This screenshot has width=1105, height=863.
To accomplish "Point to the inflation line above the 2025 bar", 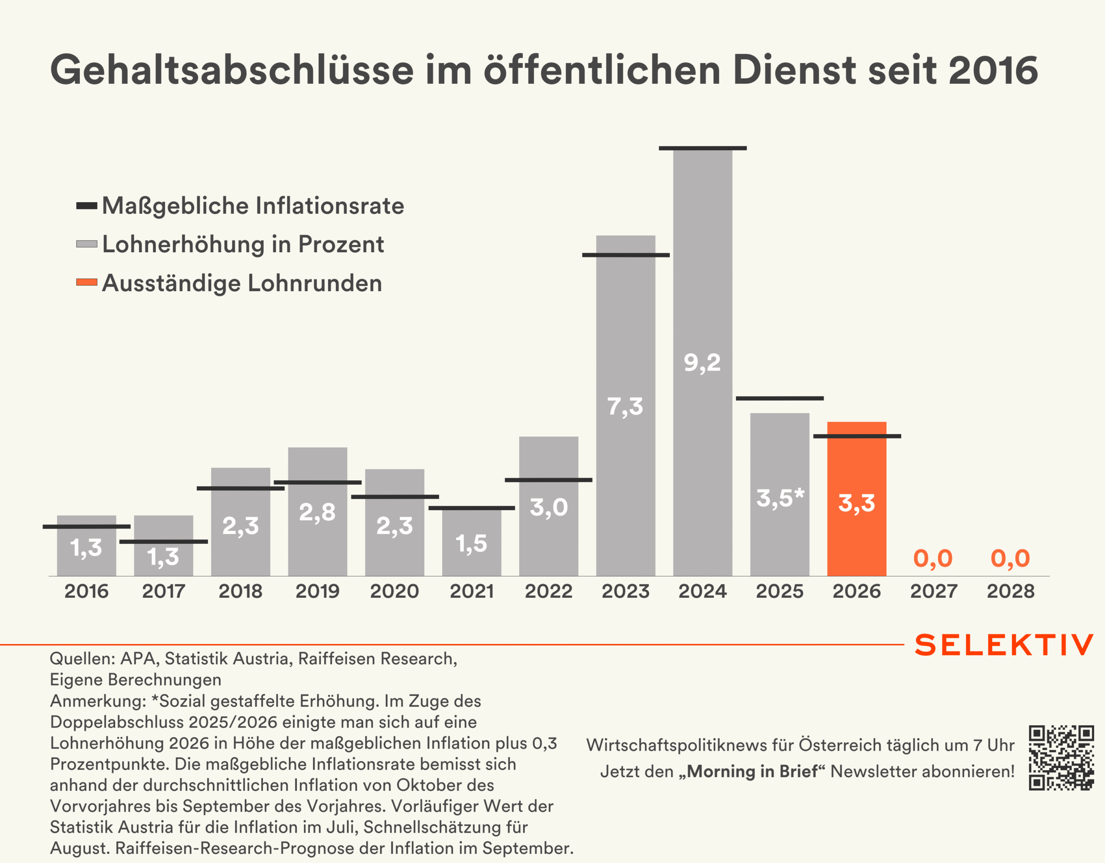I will click(x=780, y=398).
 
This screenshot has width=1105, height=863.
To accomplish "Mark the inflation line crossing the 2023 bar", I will click(x=625, y=255).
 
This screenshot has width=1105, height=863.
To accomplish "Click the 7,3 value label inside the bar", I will click(x=625, y=406).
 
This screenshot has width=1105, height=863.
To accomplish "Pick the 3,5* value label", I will click(x=780, y=498).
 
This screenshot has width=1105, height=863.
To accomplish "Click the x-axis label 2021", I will click(x=471, y=591).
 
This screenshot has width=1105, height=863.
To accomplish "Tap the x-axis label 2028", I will click(x=1010, y=591).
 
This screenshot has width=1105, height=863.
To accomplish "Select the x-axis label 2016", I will click(x=86, y=591).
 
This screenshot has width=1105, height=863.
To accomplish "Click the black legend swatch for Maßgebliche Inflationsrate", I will click(x=86, y=206).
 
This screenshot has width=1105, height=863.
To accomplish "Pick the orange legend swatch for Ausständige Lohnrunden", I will click(x=86, y=282).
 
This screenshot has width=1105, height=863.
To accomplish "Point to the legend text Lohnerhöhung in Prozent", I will click(x=243, y=244).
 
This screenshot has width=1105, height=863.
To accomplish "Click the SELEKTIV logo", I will click(x=1004, y=645).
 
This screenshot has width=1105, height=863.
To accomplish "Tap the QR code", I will click(x=1061, y=757).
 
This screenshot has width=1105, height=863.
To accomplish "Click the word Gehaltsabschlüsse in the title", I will click(x=232, y=70).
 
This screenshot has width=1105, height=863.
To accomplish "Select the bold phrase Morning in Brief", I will click(x=752, y=771).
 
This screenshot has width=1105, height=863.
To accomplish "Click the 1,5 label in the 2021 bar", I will click(x=471, y=544).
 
